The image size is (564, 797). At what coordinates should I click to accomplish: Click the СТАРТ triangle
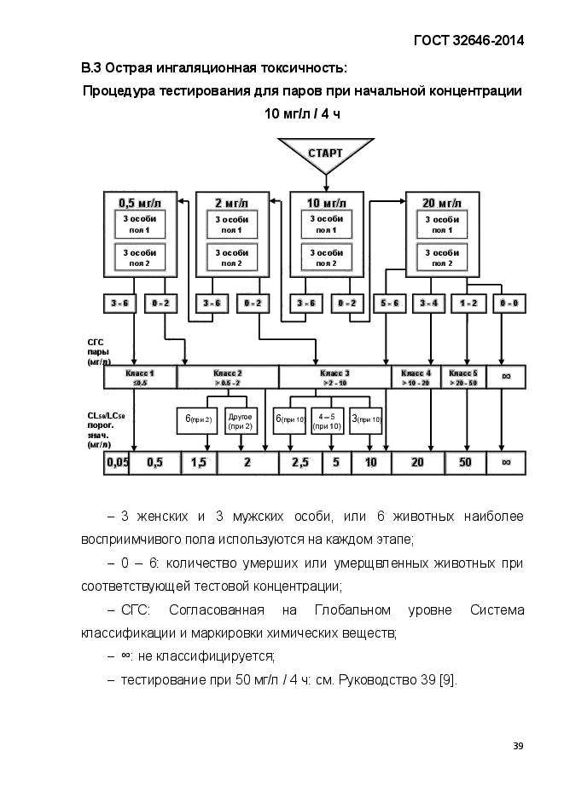pyautogui.click(x=325, y=154)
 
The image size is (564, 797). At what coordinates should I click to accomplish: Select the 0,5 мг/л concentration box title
pyautogui.click(x=139, y=203)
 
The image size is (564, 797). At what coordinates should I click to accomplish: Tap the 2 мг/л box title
pyautogui.click(x=230, y=203)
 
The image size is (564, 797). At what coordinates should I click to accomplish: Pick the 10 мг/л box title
pyautogui.click(x=326, y=203)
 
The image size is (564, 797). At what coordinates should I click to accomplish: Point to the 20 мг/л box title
pyautogui.click(x=440, y=203)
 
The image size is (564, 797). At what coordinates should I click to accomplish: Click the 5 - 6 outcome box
pyautogui.click(x=389, y=303)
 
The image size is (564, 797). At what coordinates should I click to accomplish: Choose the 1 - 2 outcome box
pyautogui.click(x=468, y=303)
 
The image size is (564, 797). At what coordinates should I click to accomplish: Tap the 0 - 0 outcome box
pyautogui.click(x=509, y=303)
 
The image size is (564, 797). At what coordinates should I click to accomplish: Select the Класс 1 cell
pyautogui.click(x=140, y=378)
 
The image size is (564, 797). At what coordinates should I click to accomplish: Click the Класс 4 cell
pyautogui.click(x=416, y=378)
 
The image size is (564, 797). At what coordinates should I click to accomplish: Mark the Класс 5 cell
pyautogui.click(x=463, y=378)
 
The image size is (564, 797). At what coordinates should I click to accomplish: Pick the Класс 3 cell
pyautogui.click(x=334, y=378)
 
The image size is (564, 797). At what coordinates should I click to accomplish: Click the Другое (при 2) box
pyautogui.click(x=241, y=420)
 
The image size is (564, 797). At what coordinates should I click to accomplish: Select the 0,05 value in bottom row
pyautogui.click(x=117, y=463)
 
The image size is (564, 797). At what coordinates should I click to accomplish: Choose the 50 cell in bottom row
pyautogui.click(x=466, y=463)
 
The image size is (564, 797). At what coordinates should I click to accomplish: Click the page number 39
pyautogui.click(x=518, y=746)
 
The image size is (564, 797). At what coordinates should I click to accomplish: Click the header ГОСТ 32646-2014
pyautogui.click(x=468, y=40)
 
